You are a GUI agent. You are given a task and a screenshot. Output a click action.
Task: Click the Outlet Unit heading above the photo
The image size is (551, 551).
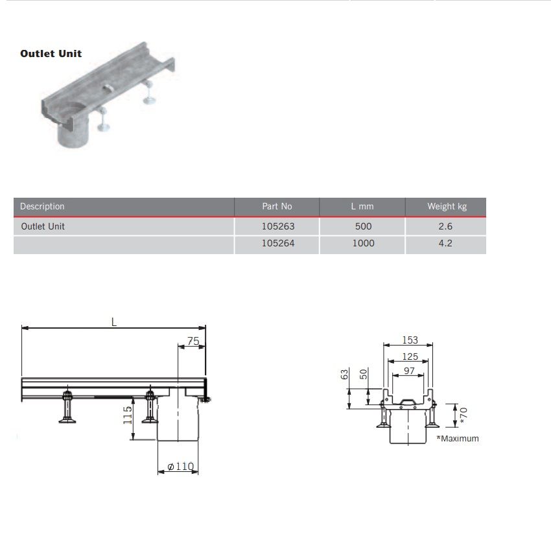coord(51,54)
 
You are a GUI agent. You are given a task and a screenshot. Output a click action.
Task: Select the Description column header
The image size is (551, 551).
coord(42,207)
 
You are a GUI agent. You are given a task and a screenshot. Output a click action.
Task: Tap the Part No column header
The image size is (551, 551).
coord(277,207)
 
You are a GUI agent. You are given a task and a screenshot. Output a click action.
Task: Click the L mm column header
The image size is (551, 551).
coord(362,207)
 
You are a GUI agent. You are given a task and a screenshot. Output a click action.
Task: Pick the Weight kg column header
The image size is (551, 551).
coord(447,207)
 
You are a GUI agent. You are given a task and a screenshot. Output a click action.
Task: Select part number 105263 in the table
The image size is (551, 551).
coord(277,227)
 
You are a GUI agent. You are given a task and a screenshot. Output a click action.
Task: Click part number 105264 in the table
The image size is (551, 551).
coord(277,244)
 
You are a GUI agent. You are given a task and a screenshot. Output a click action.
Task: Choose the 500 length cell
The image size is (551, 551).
coord(363,227)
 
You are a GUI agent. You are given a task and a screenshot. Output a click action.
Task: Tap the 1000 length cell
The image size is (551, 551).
coord(363,244)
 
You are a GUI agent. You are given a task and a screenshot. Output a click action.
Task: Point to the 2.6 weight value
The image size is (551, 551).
coord(445,227)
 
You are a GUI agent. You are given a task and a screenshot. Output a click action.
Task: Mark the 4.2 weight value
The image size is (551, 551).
coord(445,244)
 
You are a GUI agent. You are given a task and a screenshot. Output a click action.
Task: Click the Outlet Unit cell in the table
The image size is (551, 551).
coord(43,227)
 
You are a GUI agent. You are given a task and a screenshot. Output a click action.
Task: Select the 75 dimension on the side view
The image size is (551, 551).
coord(193,341)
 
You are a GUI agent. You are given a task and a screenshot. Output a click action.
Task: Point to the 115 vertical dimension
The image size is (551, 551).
coord(128,414)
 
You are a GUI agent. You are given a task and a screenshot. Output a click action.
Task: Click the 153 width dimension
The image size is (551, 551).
coord(410,340)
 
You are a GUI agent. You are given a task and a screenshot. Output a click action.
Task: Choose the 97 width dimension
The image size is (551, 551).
coord(408,371)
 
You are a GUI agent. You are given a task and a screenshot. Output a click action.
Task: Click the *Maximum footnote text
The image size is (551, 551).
coord(458,439)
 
